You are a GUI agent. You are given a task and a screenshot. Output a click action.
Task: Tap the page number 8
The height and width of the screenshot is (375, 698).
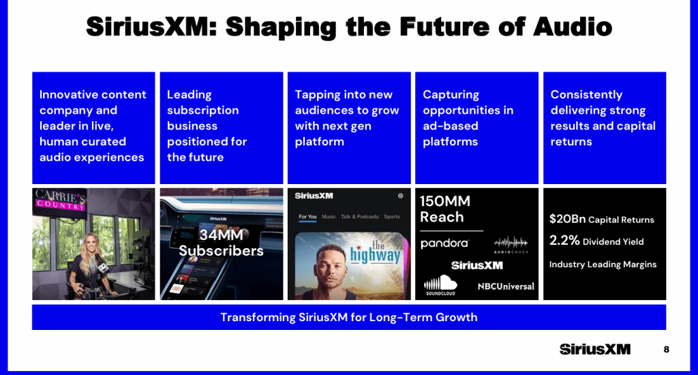(x=666, y=349)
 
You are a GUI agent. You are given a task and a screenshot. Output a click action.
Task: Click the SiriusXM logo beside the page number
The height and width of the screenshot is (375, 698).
(x=594, y=349)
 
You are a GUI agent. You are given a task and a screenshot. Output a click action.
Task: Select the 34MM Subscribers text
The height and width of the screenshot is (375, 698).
(x=221, y=243)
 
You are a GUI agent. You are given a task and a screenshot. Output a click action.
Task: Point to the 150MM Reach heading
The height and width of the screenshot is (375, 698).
(x=445, y=209)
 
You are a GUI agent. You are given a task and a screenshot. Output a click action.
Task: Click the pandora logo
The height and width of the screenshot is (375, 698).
(x=444, y=243)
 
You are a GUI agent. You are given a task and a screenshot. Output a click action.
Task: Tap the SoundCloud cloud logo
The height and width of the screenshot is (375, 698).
(x=440, y=284)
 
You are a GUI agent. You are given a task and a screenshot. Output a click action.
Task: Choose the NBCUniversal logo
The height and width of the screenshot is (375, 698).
(x=506, y=286)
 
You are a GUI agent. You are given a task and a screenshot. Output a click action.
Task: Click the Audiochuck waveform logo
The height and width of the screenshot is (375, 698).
(x=511, y=243)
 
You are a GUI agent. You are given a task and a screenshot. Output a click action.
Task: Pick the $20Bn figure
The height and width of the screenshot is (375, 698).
(x=567, y=220)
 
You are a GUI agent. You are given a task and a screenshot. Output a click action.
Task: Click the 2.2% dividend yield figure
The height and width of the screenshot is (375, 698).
(x=564, y=241)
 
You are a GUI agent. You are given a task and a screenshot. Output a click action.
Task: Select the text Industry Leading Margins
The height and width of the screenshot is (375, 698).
(x=603, y=264)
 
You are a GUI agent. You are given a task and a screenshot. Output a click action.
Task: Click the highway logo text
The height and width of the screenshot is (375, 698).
(x=376, y=253)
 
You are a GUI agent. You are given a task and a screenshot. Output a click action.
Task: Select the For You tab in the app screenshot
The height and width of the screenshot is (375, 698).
(x=307, y=217)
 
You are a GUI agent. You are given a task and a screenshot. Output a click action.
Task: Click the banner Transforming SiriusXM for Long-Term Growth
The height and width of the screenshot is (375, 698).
(x=348, y=317)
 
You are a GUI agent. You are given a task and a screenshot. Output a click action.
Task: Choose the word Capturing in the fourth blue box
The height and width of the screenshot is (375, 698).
(x=451, y=95)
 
